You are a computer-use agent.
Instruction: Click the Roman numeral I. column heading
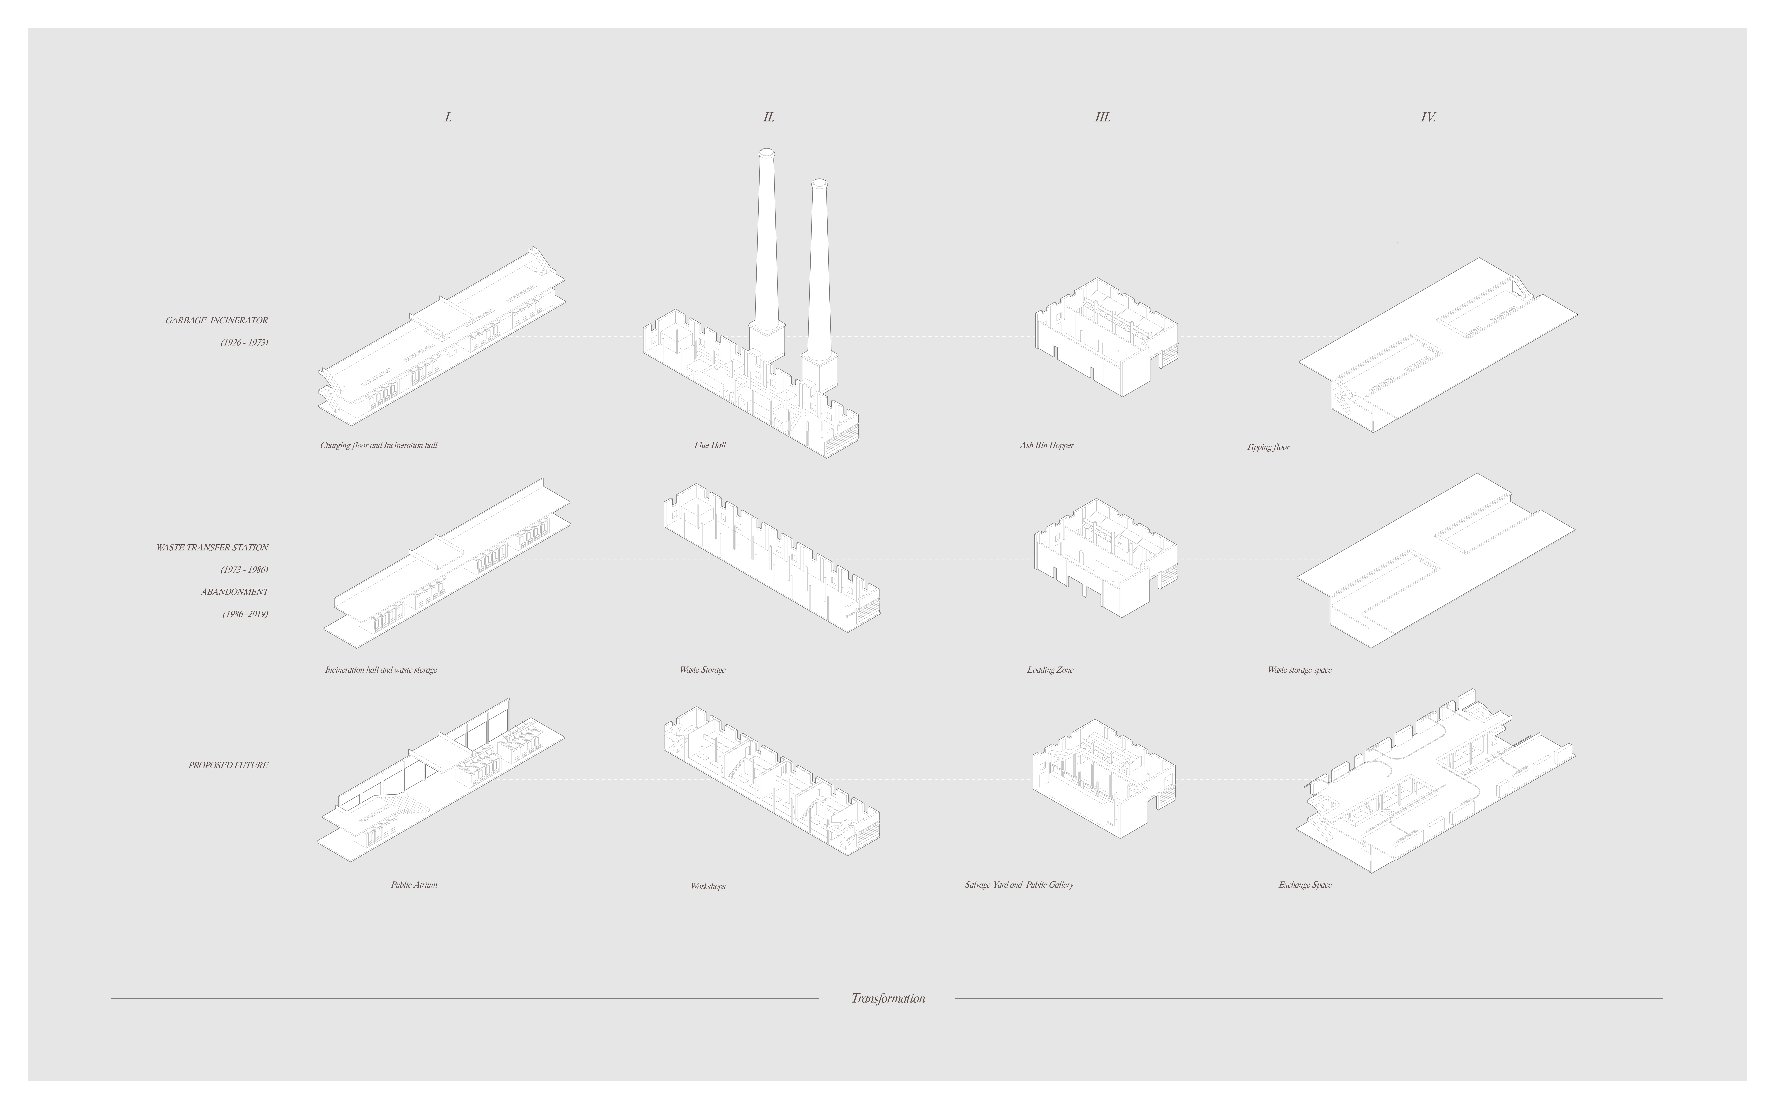tap(448, 117)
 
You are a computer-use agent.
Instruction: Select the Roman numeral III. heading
tap(1102, 117)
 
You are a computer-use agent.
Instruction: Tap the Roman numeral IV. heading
tap(1428, 117)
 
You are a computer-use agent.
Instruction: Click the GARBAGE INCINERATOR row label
tap(216, 321)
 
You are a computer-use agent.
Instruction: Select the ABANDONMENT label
tap(235, 592)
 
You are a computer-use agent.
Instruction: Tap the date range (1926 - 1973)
tap(244, 342)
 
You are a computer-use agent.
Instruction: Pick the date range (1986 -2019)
tap(245, 614)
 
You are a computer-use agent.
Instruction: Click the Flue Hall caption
tap(710, 445)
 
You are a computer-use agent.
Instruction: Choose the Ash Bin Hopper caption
tap(1047, 445)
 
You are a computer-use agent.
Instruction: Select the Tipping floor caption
tap(1267, 447)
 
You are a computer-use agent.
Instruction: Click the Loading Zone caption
tap(1050, 670)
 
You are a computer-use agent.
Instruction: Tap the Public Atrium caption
tap(414, 885)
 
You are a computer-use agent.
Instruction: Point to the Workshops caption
tap(708, 886)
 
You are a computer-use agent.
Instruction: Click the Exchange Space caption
tap(1306, 885)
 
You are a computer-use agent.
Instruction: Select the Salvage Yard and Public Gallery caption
tap(1019, 885)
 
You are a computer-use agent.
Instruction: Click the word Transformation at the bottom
tap(888, 998)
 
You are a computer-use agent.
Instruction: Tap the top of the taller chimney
tap(766, 153)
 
